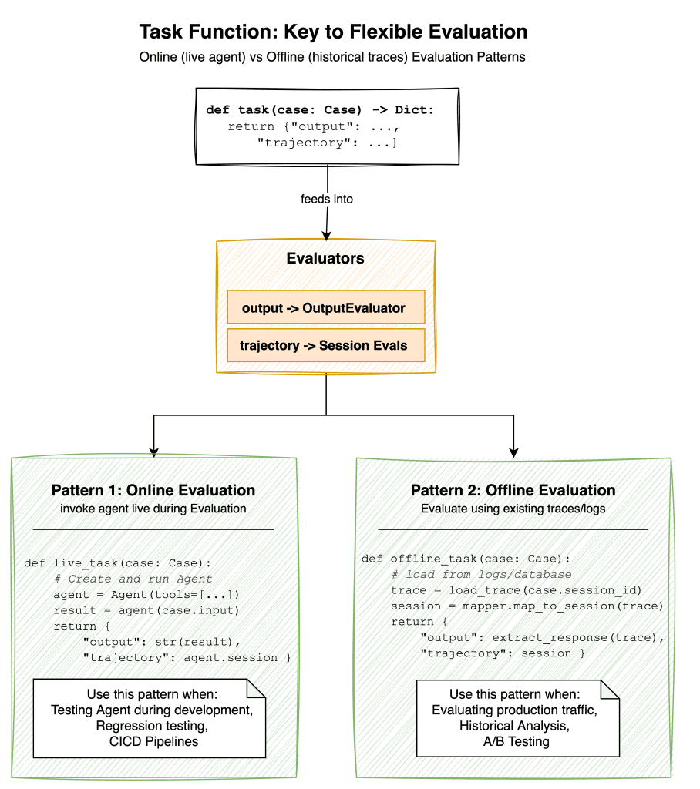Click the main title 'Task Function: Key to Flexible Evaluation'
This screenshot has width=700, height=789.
pos(333,32)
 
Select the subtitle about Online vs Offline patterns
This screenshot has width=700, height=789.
pos(333,58)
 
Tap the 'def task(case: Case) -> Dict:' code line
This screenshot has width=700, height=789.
pos(320,110)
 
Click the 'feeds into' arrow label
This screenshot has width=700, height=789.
pos(327,199)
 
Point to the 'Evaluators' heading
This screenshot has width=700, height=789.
pos(325,259)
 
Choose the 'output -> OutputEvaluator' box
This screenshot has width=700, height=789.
pos(324,307)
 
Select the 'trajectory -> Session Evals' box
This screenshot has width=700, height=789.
pos(324,345)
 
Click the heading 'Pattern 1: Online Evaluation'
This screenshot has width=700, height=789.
pos(153,490)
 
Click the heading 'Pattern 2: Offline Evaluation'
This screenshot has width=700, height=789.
pos(513,490)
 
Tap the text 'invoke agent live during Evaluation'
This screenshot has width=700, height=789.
pos(153,509)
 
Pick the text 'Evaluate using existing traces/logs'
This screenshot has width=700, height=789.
pos(513,509)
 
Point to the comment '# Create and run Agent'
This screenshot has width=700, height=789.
pos(133,579)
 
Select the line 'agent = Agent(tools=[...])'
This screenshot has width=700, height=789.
pos(146,594)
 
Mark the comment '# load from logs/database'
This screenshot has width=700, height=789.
pos(482,574)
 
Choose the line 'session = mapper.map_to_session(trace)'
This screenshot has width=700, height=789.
pos(527,606)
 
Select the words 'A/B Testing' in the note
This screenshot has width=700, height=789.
pos(514,741)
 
